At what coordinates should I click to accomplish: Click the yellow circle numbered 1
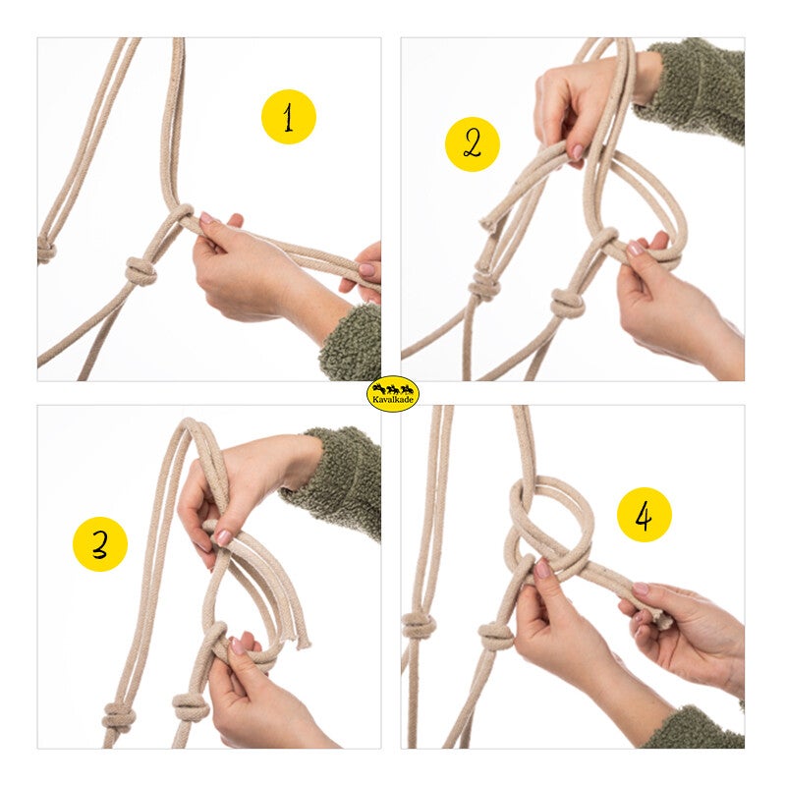point(288,117)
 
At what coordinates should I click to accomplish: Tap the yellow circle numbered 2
point(473,144)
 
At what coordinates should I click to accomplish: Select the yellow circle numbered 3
point(100,544)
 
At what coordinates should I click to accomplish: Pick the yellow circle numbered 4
point(644,515)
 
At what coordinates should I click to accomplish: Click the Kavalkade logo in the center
point(393,394)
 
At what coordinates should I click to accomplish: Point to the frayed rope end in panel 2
point(487,223)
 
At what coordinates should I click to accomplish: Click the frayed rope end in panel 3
point(303,643)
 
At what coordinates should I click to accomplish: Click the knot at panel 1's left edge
point(46,251)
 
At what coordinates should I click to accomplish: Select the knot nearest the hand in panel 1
point(140,271)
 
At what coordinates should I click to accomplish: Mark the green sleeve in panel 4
point(698,728)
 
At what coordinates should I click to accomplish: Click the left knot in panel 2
point(483,287)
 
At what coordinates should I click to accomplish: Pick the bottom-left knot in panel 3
point(118,717)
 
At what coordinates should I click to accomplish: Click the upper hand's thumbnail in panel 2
point(578,151)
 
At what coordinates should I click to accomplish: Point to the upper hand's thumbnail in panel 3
point(223,537)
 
